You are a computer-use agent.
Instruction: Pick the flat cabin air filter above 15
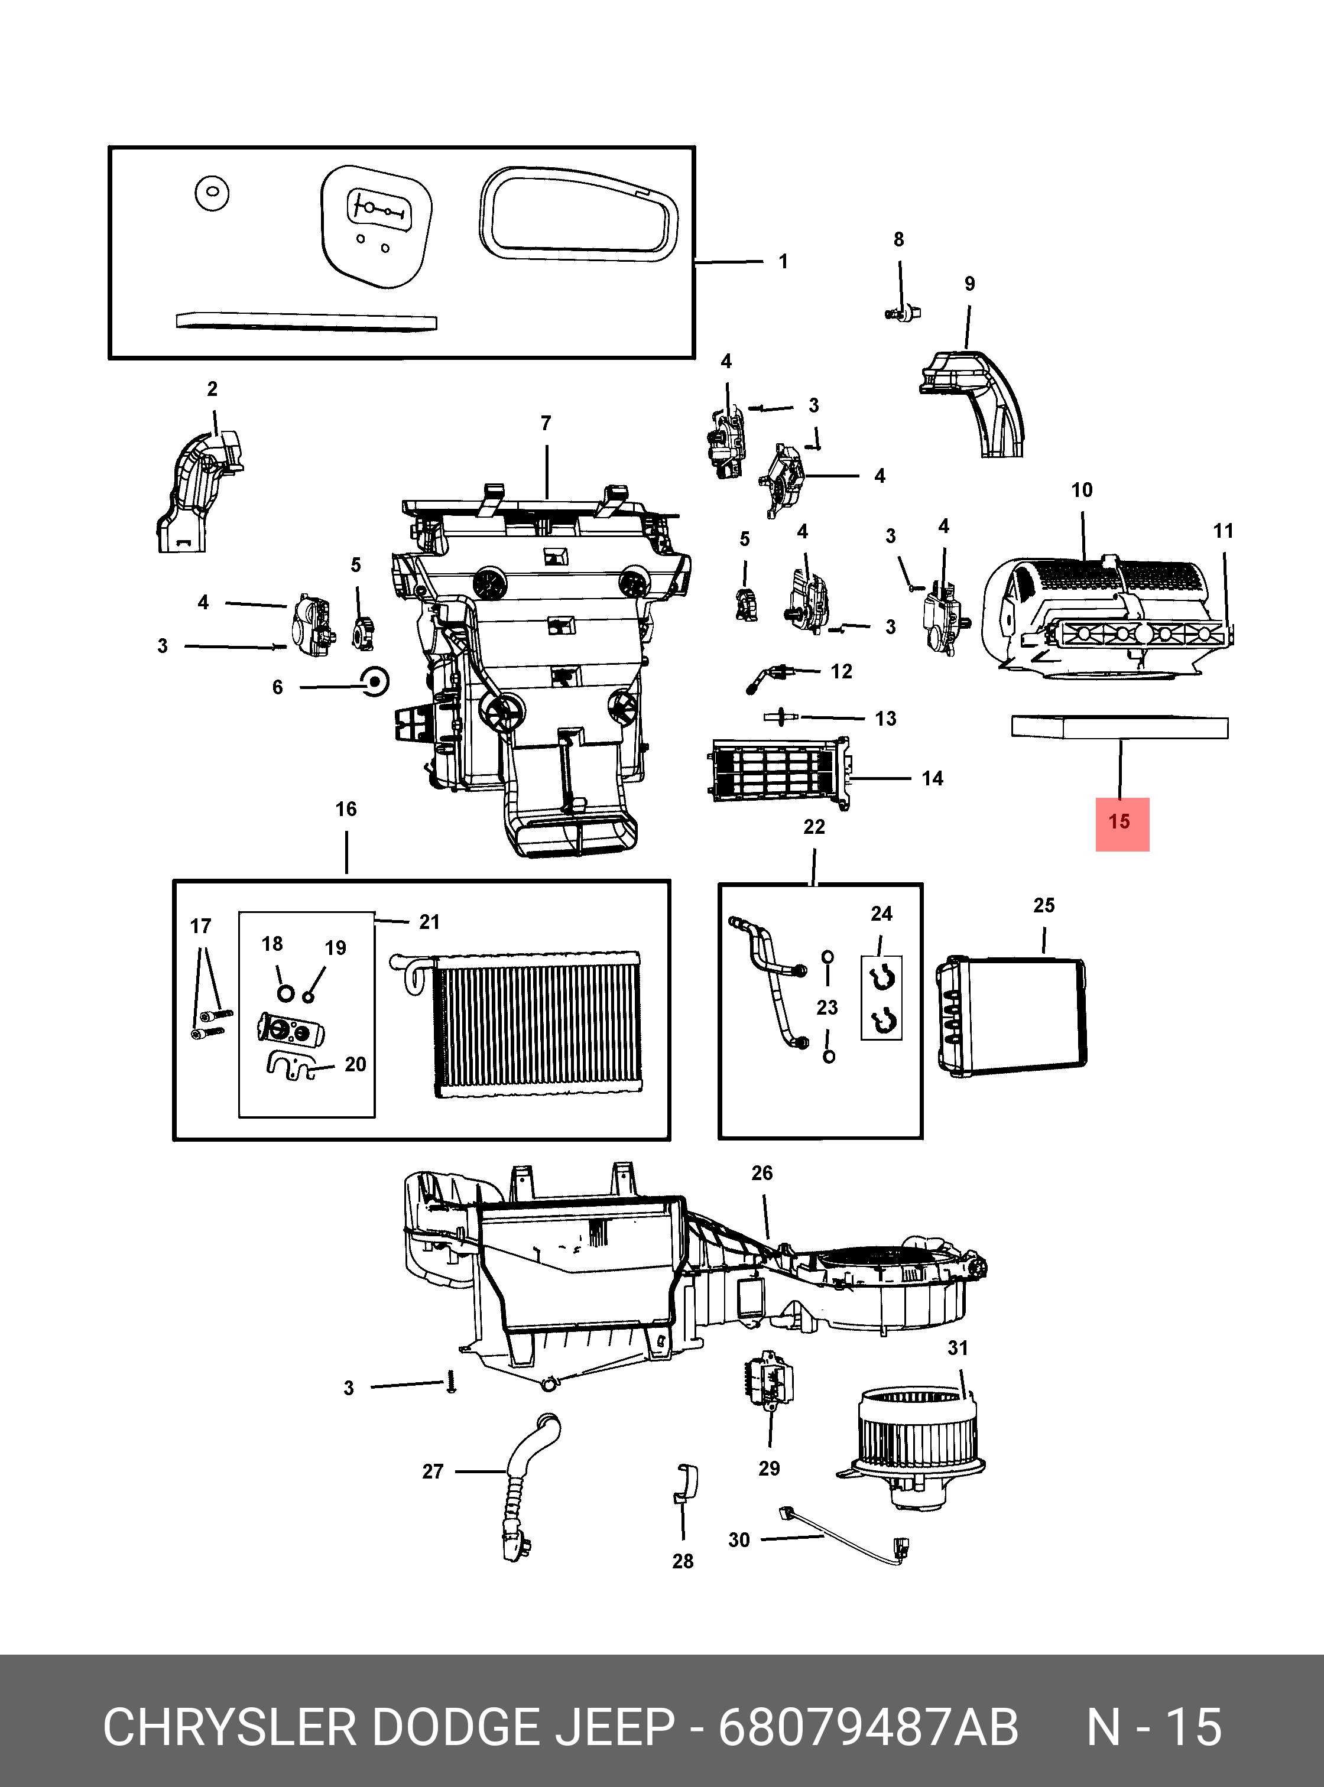coord(1119,727)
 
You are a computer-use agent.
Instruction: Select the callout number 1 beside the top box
coord(783,262)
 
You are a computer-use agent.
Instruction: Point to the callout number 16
coord(346,810)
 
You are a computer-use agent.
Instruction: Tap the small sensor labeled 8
coord(904,313)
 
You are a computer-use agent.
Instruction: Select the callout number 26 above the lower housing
coord(761,1173)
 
